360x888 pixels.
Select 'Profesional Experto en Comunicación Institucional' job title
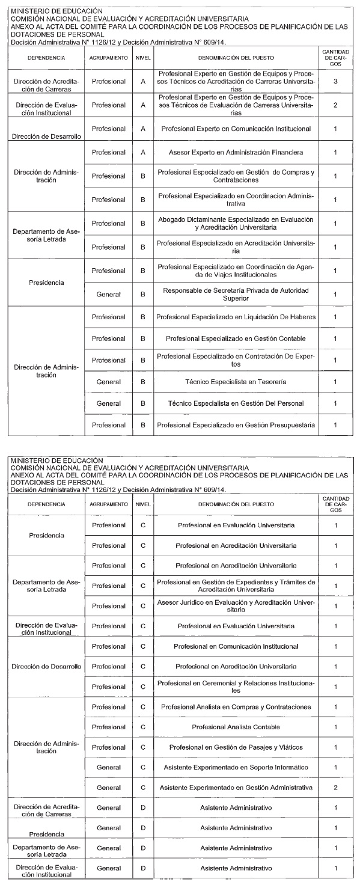236,129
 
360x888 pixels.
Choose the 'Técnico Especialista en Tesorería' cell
236,382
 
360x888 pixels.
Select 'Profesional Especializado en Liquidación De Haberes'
236,316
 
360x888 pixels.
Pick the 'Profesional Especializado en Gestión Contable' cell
236,338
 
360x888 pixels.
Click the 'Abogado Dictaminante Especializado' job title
236,224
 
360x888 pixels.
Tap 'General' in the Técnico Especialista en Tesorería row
109,382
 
